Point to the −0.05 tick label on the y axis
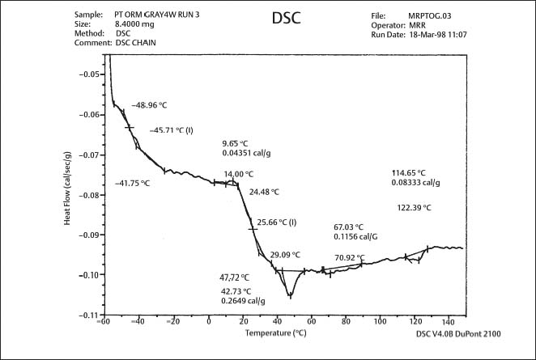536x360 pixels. [87, 74]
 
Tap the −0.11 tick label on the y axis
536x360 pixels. [87, 315]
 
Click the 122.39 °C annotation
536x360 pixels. [415, 208]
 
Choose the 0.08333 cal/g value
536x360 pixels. [416, 183]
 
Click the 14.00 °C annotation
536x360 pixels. [239, 174]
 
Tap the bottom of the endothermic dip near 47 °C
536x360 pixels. [290, 297]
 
